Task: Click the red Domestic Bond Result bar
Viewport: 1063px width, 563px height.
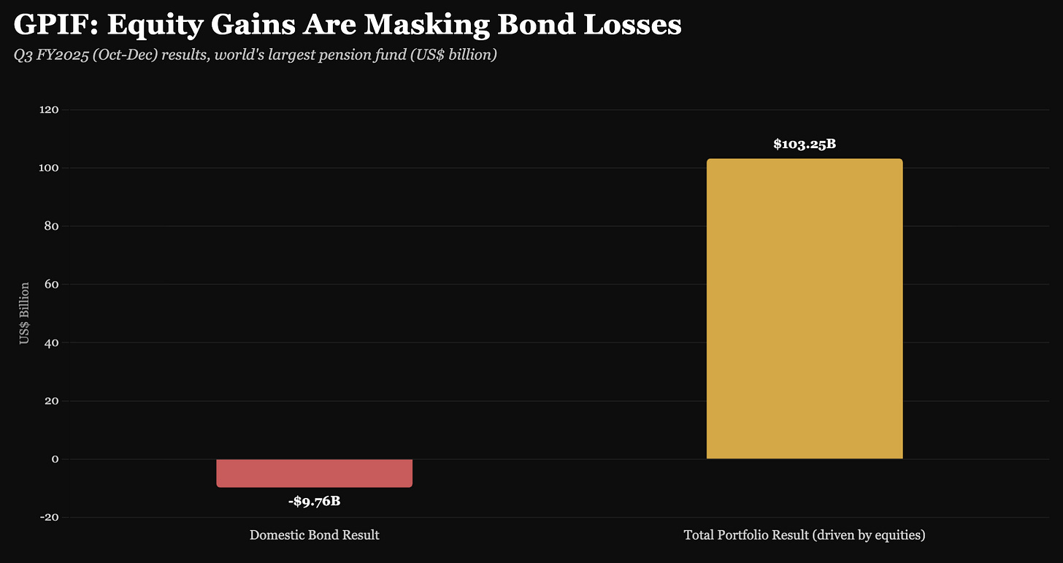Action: pyautogui.click(x=314, y=472)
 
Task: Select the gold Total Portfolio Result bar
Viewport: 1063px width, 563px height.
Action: pyautogui.click(x=805, y=309)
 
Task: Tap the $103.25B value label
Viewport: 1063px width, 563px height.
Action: pyautogui.click(x=805, y=144)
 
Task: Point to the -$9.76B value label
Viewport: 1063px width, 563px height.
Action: pyautogui.click(x=314, y=501)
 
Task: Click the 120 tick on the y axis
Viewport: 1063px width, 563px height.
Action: pyautogui.click(x=49, y=110)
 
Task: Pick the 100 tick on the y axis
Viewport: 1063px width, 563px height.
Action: pyautogui.click(x=49, y=168)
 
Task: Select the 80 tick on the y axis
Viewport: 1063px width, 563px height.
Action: pyautogui.click(x=51, y=226)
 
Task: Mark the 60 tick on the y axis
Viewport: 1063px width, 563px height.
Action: pyautogui.click(x=51, y=284)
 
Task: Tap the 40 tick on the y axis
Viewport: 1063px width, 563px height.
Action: pyautogui.click(x=51, y=342)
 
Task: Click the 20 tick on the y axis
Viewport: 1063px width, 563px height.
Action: pyautogui.click(x=51, y=401)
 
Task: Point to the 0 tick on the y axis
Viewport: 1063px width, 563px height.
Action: pyautogui.click(x=55, y=459)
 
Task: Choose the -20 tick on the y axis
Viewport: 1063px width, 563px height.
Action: pyautogui.click(x=50, y=517)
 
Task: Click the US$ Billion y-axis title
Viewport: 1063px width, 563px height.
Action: pyautogui.click(x=24, y=313)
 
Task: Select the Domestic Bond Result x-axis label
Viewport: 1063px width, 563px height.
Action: pyautogui.click(x=314, y=535)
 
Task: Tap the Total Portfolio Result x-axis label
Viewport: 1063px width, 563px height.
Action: pyautogui.click(x=805, y=535)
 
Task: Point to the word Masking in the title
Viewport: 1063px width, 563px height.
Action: pyautogui.click(x=426, y=25)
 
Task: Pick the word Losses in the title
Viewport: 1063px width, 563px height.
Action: pyautogui.click(x=632, y=24)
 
